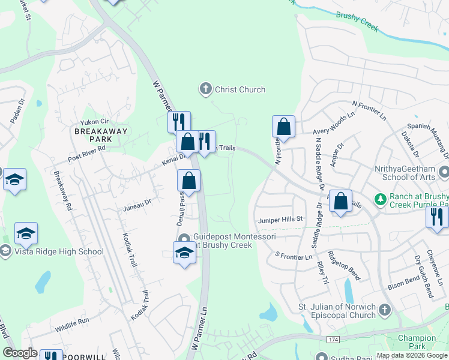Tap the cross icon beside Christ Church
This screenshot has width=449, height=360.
pos(205,90)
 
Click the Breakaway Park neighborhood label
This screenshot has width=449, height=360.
pos(94,134)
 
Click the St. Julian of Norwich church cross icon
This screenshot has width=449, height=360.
pos(384,310)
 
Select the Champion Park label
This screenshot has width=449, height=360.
pos(416,343)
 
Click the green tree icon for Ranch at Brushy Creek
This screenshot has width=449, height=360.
pos(379,199)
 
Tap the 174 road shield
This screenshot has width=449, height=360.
pos(334,340)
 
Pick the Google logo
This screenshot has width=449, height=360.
pos(20,353)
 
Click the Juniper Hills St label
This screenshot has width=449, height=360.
pos(281,220)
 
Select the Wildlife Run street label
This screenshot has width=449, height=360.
pos(72,325)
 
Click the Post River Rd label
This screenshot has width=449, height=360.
pos(86,153)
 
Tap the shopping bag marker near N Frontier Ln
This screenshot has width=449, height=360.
pos(283,127)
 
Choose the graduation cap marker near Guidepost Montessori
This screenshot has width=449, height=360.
pos(184,253)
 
